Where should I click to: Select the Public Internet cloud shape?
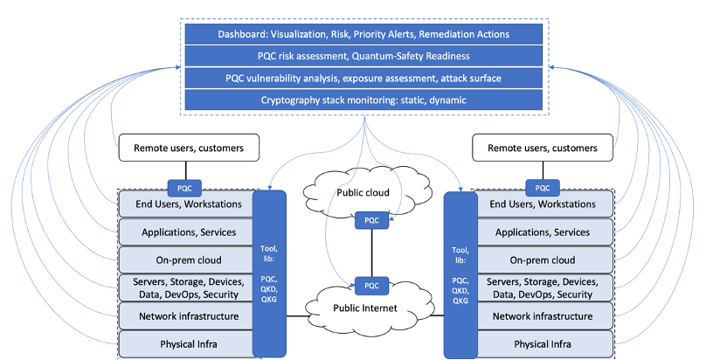tap(363, 307)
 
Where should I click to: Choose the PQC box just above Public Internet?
tap(370, 285)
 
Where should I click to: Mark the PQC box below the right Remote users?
tap(543, 187)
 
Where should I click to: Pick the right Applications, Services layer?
tap(542, 232)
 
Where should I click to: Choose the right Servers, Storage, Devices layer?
tap(542, 287)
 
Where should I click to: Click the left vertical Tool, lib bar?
tap(269, 273)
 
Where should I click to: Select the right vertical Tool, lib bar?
tap(460, 273)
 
